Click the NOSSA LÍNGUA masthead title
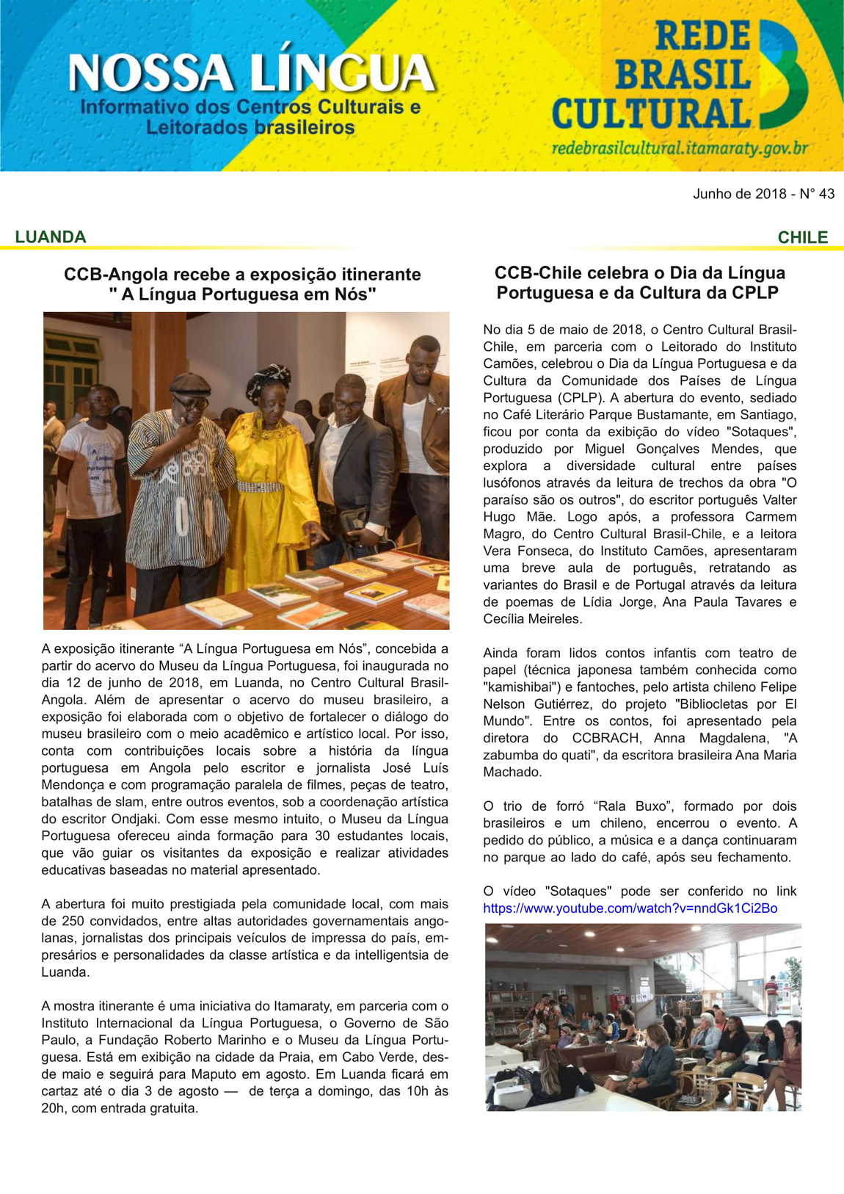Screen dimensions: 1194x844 tap(251, 73)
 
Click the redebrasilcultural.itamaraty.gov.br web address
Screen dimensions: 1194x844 tap(680, 148)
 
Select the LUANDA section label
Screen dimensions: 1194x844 tap(50, 236)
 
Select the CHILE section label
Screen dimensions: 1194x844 tap(802, 237)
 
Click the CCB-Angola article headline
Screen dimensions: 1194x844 tap(242, 284)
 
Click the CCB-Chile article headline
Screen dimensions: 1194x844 tap(639, 283)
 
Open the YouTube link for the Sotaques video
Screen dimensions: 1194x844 tap(630, 908)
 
